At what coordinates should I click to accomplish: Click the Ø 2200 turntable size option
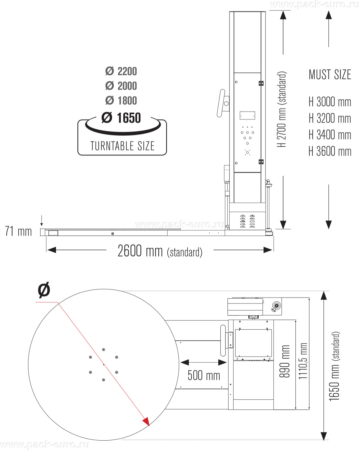point(121,71)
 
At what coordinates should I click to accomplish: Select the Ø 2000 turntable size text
point(121,86)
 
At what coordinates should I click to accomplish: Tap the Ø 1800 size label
point(121,101)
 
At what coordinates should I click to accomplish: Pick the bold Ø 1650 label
point(121,118)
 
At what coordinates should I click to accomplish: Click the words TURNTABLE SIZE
point(122,146)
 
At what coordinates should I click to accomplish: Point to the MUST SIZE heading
point(330,75)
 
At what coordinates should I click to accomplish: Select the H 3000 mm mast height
point(330,102)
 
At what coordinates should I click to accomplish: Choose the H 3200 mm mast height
point(330,118)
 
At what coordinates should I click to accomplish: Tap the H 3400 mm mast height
point(330,135)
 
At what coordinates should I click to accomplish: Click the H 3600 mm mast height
point(330,151)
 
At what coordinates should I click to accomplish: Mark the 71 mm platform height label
point(18,231)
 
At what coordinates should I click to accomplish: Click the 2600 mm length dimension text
point(160,251)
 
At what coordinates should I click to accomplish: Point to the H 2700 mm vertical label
point(282,109)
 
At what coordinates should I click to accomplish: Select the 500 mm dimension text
point(204,376)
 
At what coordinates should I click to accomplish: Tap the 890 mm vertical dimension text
point(285,361)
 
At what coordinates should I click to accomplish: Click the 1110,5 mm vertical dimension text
point(302,361)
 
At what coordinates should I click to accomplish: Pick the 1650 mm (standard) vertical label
point(334,366)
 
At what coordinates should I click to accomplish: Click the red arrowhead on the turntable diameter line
point(146,422)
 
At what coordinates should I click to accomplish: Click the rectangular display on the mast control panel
point(247,115)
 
